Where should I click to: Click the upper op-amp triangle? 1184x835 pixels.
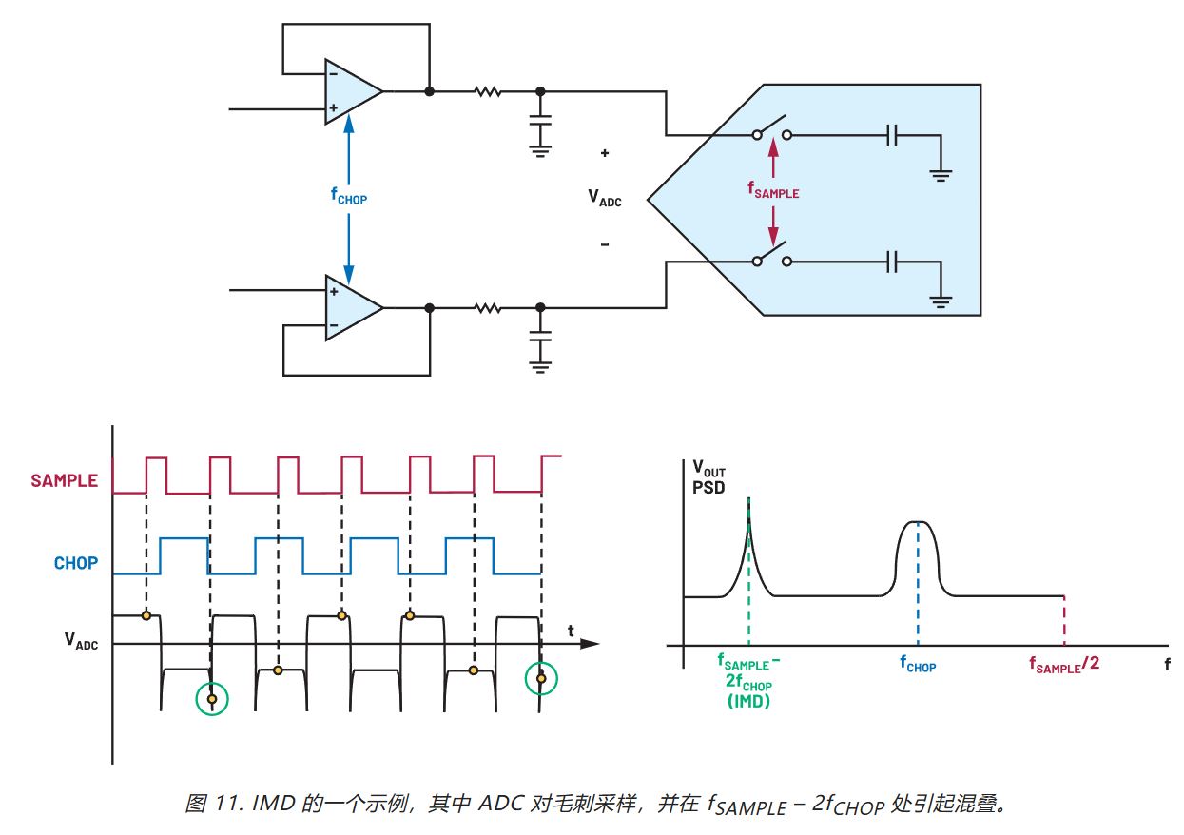click(x=349, y=92)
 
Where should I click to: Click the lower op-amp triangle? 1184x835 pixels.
click(x=349, y=308)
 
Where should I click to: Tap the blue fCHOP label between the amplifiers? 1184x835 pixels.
click(x=348, y=197)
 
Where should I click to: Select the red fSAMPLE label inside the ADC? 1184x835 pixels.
click(x=772, y=191)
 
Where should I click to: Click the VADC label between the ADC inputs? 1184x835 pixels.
click(x=604, y=198)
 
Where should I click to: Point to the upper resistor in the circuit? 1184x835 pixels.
click(x=487, y=92)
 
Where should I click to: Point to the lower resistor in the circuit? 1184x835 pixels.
click(x=487, y=308)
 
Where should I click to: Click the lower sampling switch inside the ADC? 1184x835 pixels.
click(x=772, y=256)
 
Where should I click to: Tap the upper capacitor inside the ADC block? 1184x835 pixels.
click(x=891, y=136)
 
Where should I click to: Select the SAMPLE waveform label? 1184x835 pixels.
click(x=64, y=480)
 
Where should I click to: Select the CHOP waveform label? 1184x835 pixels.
click(x=75, y=563)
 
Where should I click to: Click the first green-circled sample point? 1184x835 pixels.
click(x=211, y=699)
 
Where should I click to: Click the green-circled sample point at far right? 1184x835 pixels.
click(x=541, y=678)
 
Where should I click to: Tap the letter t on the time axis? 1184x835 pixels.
click(x=571, y=630)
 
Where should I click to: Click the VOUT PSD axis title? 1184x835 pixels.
click(x=709, y=476)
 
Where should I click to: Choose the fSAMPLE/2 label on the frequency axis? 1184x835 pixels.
click(x=1064, y=664)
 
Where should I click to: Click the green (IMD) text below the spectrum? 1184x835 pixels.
click(x=749, y=701)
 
